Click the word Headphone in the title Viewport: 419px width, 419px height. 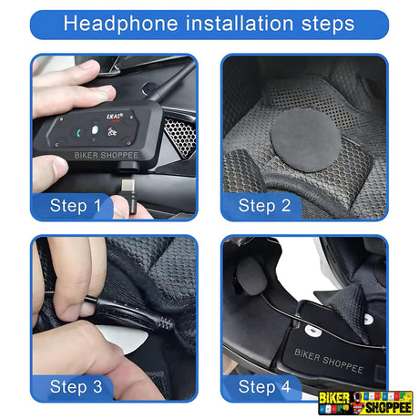coord(120,24)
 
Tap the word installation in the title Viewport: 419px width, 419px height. coord(240,23)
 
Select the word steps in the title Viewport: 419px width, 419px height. coord(328,25)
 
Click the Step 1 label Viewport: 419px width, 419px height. coord(76,206)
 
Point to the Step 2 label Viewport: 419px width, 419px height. coord(264,206)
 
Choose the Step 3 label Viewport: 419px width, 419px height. coord(76,387)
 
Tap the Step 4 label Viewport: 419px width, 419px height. coord(264,387)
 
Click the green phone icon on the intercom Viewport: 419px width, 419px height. coord(78,133)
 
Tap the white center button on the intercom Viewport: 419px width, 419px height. coord(95,130)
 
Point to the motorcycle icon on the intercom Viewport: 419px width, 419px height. coord(111,132)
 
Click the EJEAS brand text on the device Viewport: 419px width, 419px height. coord(115,117)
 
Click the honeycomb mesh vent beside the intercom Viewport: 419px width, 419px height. coord(179,136)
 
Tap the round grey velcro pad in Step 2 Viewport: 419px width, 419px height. coord(305,140)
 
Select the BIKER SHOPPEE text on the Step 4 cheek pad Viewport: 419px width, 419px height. coord(329,361)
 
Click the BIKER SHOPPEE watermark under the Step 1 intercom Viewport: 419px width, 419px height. coord(107,156)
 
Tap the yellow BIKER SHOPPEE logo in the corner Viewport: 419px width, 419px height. coord(365,403)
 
